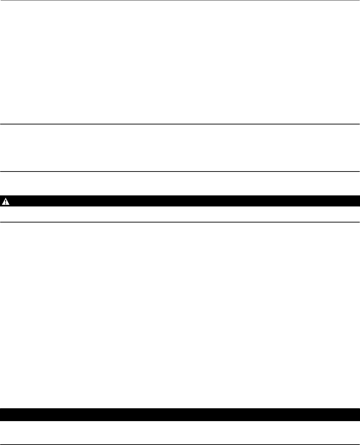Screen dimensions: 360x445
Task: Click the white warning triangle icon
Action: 6,201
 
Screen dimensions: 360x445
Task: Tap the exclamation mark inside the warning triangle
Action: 6,202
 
